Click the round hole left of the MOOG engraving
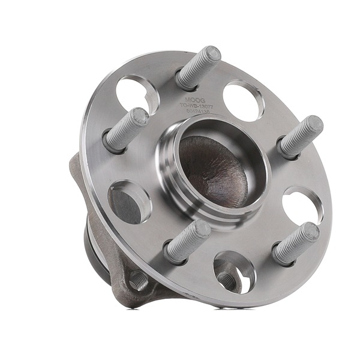point(137,94)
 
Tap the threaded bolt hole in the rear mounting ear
point(138,280)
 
